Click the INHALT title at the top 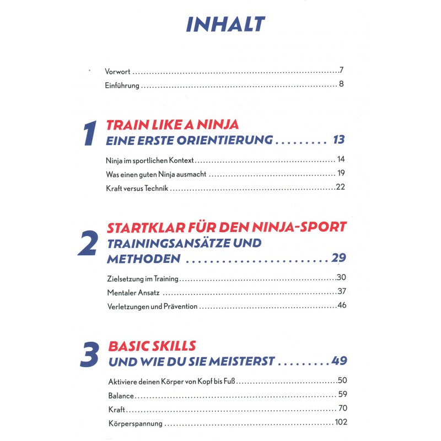click(225, 24)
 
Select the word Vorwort click(118, 71)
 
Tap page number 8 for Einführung click(342, 85)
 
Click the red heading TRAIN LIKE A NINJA click(172, 125)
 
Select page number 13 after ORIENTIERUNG click(338, 140)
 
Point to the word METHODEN click(143, 259)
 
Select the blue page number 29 click(338, 259)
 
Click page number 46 click(341, 305)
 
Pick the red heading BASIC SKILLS click(152, 346)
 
